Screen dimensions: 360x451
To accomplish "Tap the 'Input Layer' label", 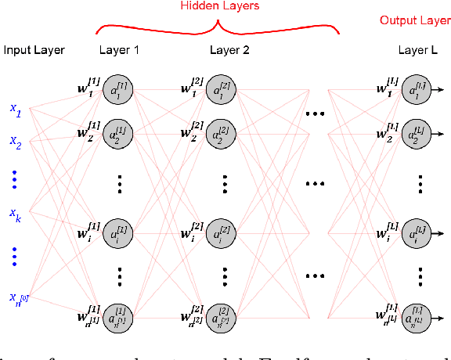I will tap(34, 51).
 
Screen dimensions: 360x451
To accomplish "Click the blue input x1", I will tap(16, 111).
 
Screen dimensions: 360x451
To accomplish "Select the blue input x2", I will tap(16, 142).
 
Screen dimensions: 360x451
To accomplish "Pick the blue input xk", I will tap(16, 213).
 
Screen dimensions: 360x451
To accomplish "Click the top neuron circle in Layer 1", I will tap(119, 91).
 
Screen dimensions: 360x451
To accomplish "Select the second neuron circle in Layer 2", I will tap(224, 135).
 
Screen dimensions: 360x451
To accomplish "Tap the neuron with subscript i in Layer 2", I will tap(224, 233).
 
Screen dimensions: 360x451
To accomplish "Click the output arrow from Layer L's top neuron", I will tap(439, 91).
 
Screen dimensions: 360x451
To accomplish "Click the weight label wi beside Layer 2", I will tap(193, 232).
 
